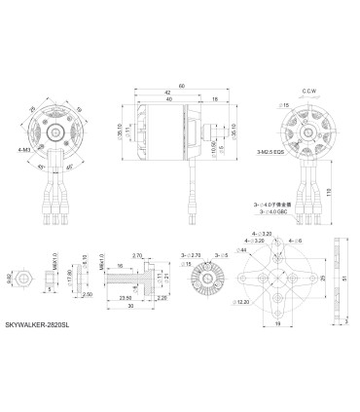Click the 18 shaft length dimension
coord(213,99)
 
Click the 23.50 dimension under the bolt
coord(125,296)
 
